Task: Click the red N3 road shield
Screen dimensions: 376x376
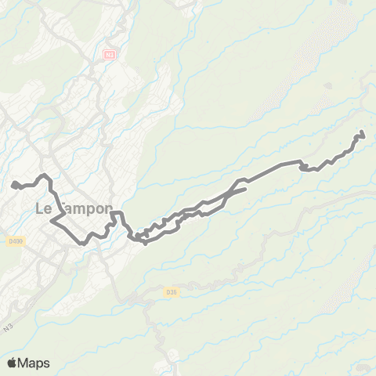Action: [x=109, y=54]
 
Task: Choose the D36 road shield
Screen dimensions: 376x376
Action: [x=172, y=292]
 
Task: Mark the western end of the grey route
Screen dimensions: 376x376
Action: [x=14, y=185]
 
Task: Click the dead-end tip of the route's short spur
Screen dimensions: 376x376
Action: [x=245, y=189]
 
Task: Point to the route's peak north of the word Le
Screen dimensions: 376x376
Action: [x=45, y=175]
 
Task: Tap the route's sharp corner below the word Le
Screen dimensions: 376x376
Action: [x=52, y=222]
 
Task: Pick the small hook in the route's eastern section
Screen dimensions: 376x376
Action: [x=302, y=165]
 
